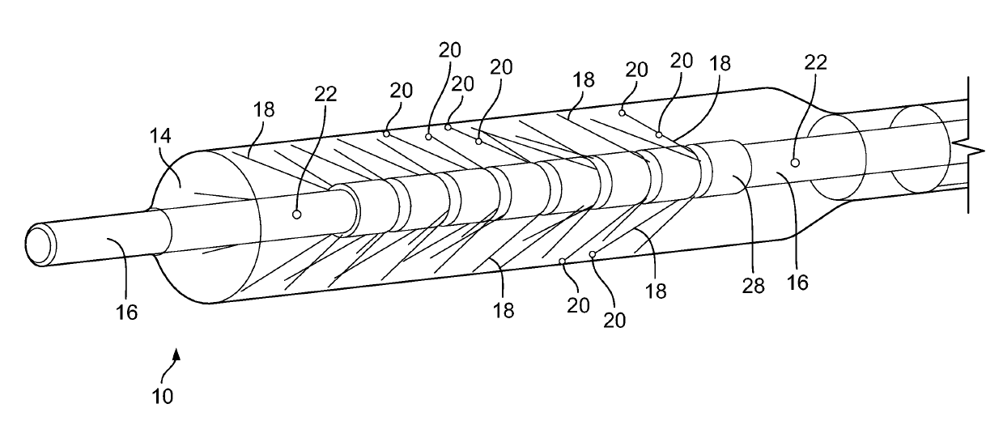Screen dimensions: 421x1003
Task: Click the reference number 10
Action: [x=161, y=396]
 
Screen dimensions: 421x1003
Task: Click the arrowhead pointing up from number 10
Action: [x=177, y=354]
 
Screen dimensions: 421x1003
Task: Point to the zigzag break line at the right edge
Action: [x=975, y=151]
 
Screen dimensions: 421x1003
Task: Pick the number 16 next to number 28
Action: [x=797, y=282]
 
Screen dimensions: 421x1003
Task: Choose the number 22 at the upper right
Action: [x=816, y=62]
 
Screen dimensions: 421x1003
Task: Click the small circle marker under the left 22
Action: [x=297, y=215]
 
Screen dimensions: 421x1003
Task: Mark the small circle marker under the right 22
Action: [x=795, y=163]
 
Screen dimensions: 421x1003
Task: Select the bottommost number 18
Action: [x=503, y=310]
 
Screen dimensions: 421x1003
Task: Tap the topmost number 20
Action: [x=450, y=50]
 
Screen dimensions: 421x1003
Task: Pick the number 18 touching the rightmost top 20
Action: [x=720, y=66]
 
